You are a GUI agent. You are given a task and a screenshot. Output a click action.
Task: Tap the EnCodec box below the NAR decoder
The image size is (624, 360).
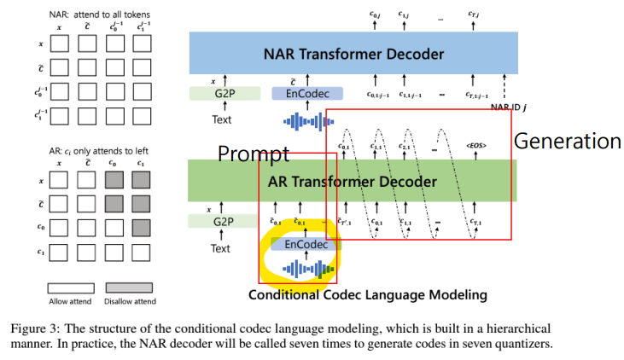point(306,94)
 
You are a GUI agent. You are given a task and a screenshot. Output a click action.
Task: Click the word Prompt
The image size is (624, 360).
point(254,154)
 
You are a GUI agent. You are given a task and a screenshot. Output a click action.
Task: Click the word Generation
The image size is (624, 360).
point(568,141)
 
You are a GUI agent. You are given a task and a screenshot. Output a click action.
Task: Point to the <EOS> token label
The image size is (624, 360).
point(476,147)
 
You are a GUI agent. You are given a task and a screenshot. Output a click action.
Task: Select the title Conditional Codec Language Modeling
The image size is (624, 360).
point(367,295)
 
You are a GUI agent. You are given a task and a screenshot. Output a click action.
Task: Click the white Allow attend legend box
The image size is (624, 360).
point(69,288)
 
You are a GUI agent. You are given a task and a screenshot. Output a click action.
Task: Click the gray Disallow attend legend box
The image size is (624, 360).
point(129,288)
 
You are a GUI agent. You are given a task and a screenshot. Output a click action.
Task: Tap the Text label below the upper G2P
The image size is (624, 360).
point(221,119)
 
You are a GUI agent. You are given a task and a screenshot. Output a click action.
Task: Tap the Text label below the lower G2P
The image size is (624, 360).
point(220,248)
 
